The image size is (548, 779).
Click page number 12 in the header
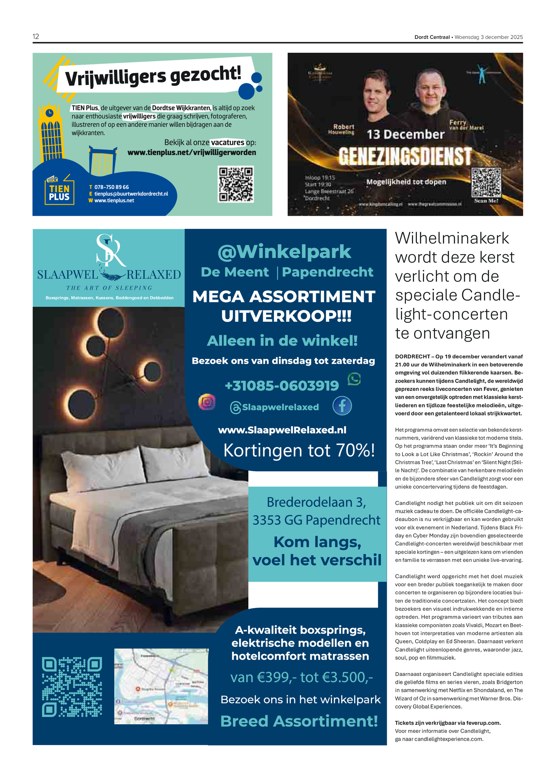click(36, 37)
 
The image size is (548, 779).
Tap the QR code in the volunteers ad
click(236, 184)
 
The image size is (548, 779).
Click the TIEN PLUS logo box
click(59, 192)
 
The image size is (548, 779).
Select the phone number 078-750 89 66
click(111, 187)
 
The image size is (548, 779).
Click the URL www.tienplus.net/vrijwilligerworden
click(191, 152)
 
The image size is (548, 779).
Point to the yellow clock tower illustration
click(51, 134)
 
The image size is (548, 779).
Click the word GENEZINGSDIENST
click(405, 157)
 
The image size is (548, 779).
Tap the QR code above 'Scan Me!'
click(486, 182)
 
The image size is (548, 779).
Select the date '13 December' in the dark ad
click(405, 134)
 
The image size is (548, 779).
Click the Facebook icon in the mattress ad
click(342, 406)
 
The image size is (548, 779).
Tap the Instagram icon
click(207, 402)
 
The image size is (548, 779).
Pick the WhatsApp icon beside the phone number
click(354, 379)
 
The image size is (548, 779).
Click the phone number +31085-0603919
click(282, 386)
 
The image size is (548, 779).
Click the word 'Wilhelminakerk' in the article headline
click(452, 238)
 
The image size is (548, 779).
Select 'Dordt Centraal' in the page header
click(432, 37)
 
